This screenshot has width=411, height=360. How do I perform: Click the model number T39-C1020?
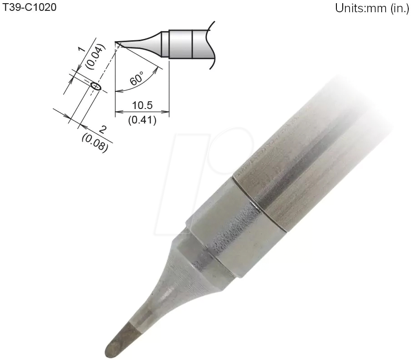[30, 8]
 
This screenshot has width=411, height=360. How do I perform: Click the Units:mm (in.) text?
[372, 9]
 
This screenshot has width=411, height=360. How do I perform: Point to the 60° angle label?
[137, 78]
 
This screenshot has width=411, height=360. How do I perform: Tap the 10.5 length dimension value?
[142, 105]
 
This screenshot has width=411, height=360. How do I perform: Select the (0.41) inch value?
[142, 120]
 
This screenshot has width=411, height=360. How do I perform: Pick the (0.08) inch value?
[95, 142]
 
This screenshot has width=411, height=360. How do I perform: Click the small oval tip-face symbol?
[95, 85]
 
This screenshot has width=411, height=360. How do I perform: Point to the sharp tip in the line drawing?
[117, 43]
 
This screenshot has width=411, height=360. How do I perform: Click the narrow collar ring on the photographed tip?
[260, 204]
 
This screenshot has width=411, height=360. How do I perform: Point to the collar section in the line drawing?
[181, 44]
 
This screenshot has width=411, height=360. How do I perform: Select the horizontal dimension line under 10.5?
[142, 112]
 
